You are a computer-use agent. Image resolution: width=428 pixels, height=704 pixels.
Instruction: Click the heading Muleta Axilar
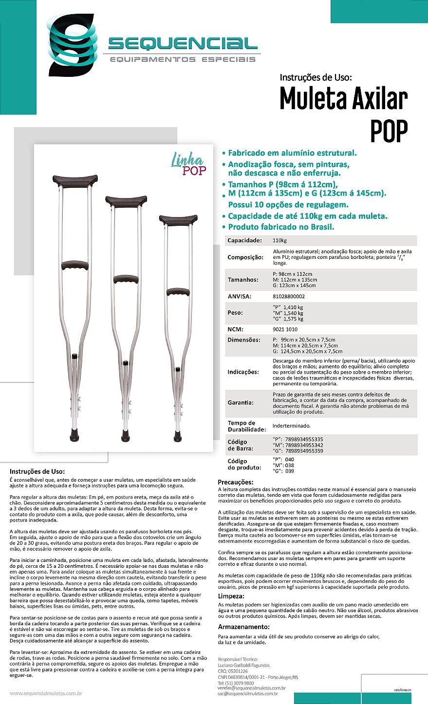343,99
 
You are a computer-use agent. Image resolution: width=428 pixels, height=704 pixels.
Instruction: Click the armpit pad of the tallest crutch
75,180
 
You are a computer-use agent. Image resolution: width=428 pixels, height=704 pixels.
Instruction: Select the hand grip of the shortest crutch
178,292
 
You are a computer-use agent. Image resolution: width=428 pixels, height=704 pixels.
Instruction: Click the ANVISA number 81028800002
289,296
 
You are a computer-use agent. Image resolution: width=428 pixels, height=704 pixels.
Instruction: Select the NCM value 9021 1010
284,329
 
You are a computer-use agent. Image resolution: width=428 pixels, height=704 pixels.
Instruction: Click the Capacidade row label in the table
244,240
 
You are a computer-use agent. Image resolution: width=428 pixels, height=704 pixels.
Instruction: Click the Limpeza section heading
231,596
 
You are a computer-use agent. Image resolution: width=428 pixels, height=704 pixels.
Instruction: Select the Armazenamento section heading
243,627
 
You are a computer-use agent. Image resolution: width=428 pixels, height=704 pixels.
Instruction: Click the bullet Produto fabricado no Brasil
281,227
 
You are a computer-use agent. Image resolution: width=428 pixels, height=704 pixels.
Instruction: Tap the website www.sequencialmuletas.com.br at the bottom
46,693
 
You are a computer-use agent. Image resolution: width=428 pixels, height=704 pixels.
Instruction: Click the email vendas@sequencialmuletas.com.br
251,688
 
